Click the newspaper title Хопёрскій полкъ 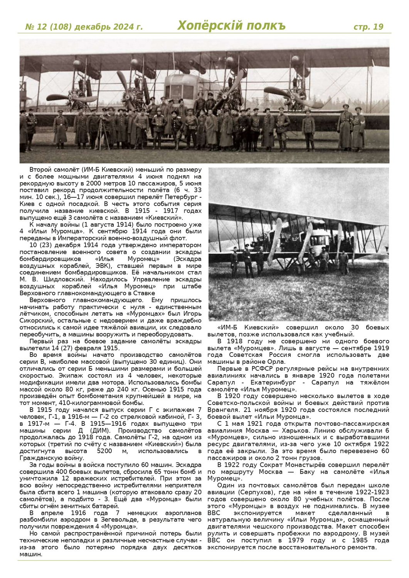pos(231,26)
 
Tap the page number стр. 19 pos(369,27)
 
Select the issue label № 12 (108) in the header pos(48,27)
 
